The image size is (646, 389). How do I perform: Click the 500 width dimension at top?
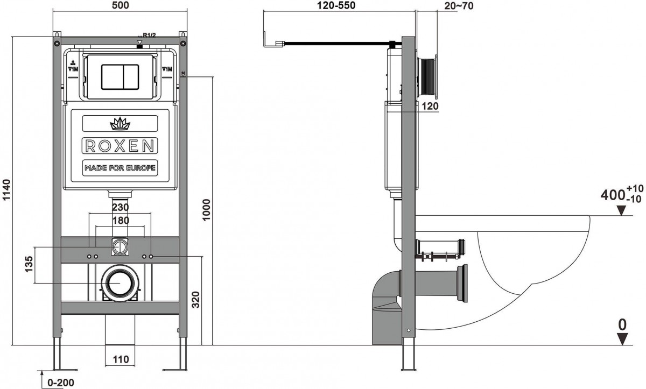pyautogui.click(x=120, y=5)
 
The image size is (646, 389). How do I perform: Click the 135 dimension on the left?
pyautogui.click(x=31, y=264)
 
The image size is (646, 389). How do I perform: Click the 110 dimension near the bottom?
pyautogui.click(x=120, y=359)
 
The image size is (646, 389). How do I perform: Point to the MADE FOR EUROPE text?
pyautogui.click(x=120, y=168)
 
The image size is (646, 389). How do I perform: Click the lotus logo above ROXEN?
pyautogui.click(x=120, y=125)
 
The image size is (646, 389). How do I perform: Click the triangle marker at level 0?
pyautogui.click(x=623, y=339)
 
